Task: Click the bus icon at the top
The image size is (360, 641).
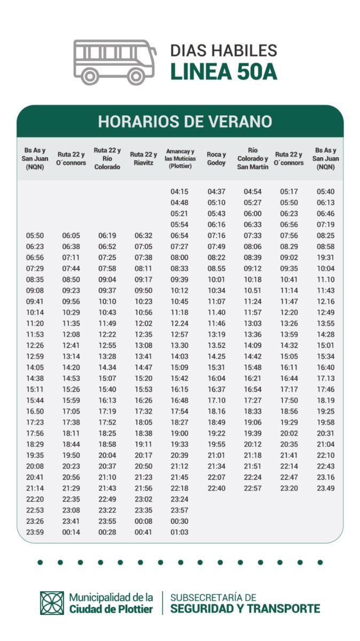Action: point(114,61)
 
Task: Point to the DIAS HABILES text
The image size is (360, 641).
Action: point(223,51)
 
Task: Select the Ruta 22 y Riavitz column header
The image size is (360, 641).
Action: point(143,159)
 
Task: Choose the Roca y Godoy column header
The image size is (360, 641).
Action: point(216,159)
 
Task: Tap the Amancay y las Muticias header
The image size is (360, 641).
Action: point(180,159)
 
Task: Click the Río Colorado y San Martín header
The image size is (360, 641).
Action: point(253,159)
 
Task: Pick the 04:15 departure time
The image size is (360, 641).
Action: point(179,191)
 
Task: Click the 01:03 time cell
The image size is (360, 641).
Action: point(179,532)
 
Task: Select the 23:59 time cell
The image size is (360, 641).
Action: point(35,532)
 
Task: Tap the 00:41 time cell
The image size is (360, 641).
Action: point(143,532)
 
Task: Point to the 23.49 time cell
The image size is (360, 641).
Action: point(325,488)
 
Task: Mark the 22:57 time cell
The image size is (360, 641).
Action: point(253,488)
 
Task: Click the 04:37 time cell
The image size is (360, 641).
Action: point(216,191)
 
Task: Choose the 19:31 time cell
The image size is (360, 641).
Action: point(325,257)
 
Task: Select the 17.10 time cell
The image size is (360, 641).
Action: point(216,400)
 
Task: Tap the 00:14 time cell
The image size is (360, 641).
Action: point(71,532)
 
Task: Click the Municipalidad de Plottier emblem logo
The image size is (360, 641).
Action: point(52,603)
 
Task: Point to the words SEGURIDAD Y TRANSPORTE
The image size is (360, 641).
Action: point(245,608)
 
